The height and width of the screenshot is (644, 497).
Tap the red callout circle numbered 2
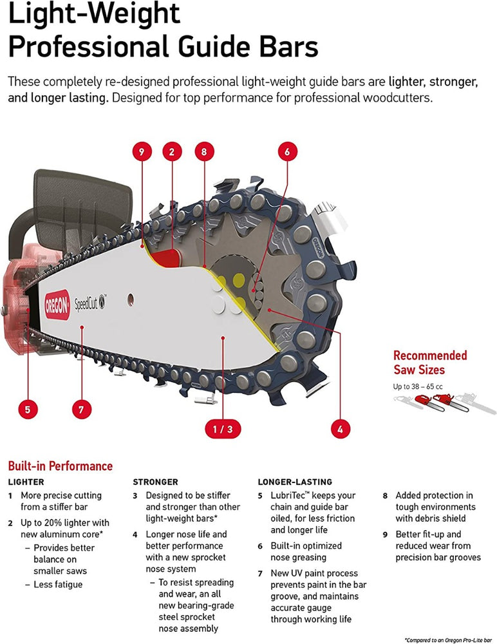tap(171, 152)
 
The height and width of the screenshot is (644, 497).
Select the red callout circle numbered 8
tap(203, 152)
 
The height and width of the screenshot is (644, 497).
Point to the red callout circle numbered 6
tap(287, 152)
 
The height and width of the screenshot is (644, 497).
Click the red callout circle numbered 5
tap(27, 408)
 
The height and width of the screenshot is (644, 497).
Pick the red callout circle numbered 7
tap(81, 408)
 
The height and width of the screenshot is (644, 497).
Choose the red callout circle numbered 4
tap(339, 428)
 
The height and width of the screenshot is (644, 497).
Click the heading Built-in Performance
tap(60, 466)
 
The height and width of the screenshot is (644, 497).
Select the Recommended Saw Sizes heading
tap(430, 363)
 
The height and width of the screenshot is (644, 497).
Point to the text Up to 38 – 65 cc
tap(418, 386)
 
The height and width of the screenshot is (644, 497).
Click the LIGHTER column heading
tap(26, 482)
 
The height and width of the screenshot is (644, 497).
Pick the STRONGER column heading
tap(155, 482)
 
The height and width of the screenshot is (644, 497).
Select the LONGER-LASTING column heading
tap(295, 482)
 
